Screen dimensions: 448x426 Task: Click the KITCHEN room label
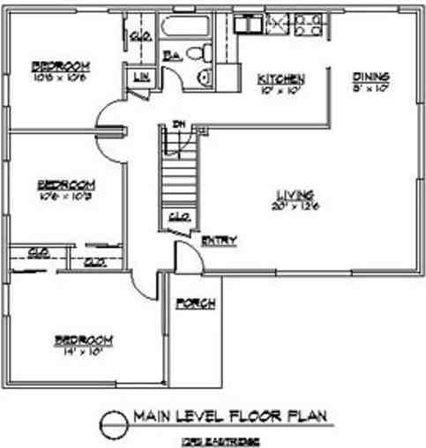point(281,79)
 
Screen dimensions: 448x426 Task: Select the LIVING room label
point(291,195)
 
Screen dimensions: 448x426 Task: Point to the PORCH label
point(193,304)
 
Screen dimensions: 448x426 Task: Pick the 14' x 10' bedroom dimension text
point(85,350)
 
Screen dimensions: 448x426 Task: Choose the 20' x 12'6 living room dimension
point(291,205)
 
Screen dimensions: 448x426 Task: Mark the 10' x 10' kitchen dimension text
point(280,89)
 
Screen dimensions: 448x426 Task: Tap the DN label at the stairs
point(177,123)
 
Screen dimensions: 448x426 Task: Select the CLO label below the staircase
point(176,214)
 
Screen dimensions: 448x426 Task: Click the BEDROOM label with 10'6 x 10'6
point(63,65)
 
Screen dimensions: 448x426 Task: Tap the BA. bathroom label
point(173,55)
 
